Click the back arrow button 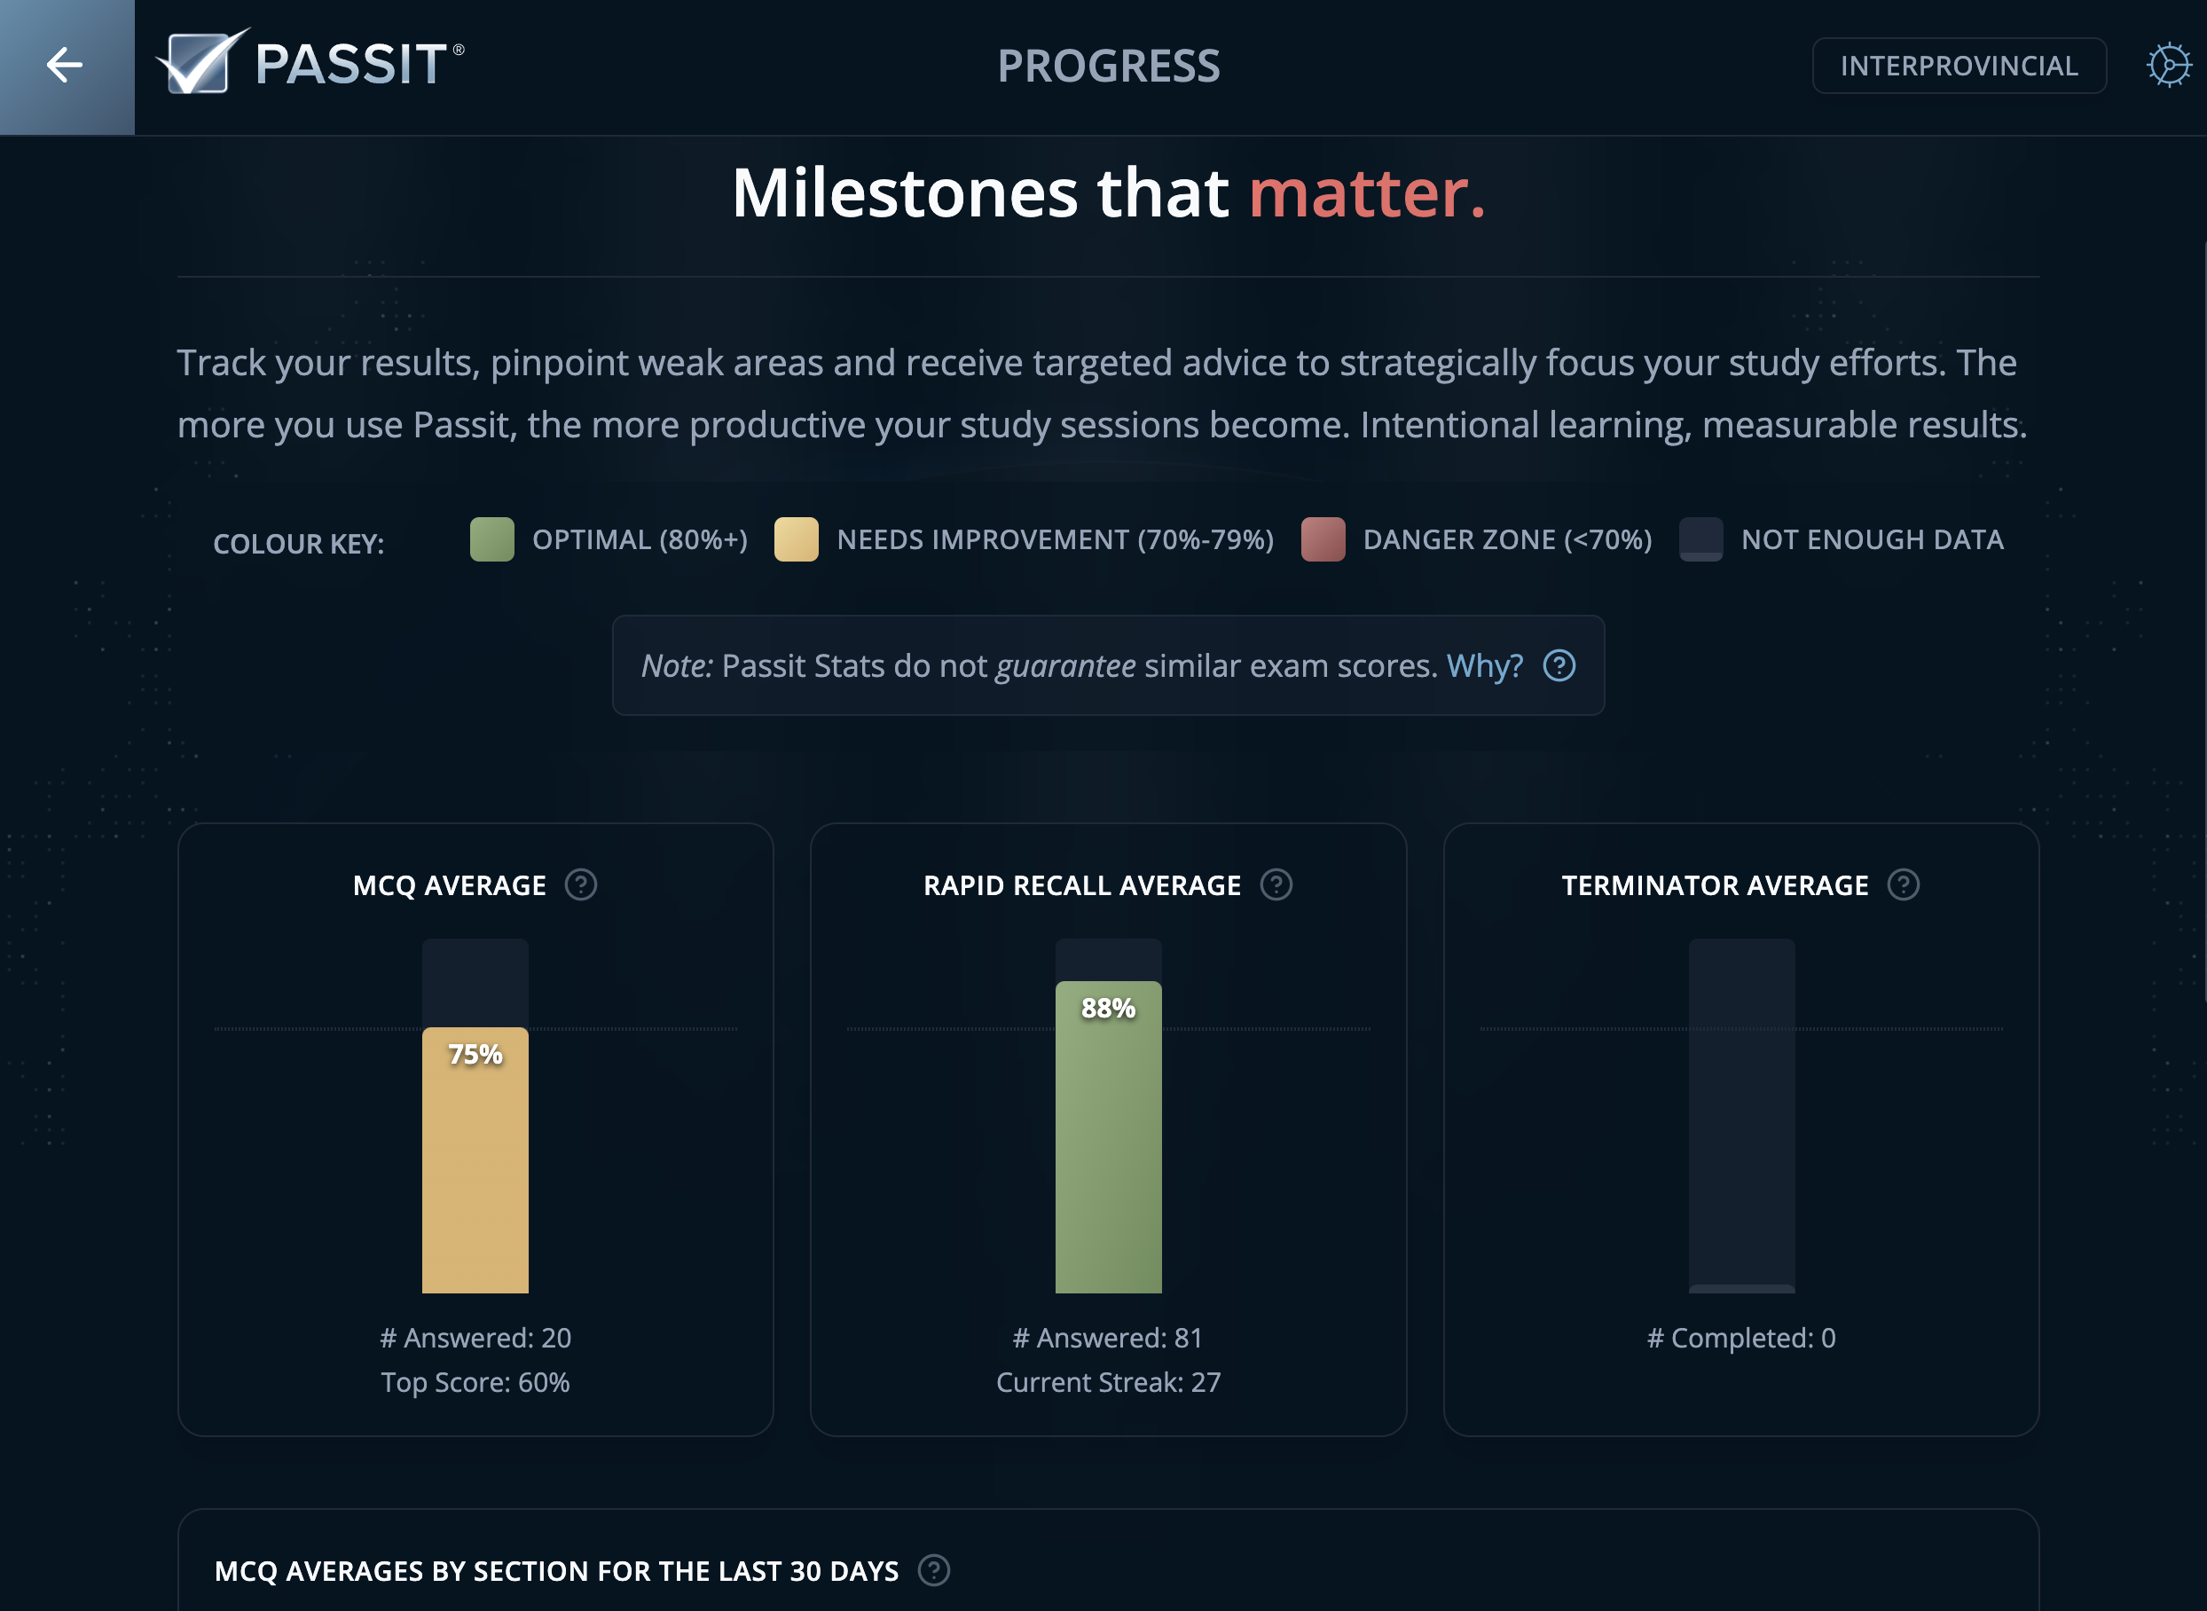66,67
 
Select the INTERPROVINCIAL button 1959,67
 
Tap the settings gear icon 2168,67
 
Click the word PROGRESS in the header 1108,67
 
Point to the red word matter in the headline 1365,193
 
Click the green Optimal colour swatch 491,539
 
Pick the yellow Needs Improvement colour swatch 796,539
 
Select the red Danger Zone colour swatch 1323,539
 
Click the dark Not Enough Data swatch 1700,539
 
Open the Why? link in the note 1483,666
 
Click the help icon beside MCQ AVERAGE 581,884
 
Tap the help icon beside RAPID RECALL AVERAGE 1276,884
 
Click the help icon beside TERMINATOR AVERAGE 1903,884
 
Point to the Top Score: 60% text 475,1382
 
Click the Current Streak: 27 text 1108,1382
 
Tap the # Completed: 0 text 1740,1338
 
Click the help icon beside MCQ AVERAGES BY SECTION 933,1570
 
